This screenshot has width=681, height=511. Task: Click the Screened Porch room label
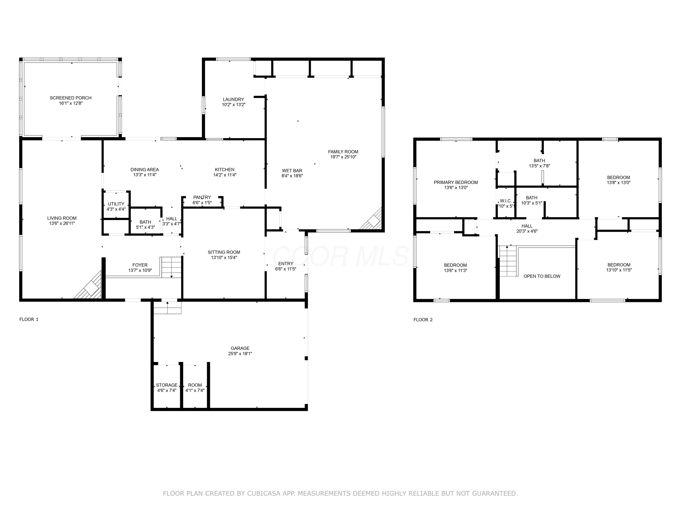point(71,98)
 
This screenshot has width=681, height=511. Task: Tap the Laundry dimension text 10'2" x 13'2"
point(234,105)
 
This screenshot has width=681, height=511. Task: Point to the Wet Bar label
point(292,171)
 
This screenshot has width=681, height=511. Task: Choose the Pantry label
point(202,197)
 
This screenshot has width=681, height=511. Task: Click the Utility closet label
point(116,204)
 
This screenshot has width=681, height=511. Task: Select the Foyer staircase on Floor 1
point(171,267)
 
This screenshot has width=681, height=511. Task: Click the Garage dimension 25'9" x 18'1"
point(240,354)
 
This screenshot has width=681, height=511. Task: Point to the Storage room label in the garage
point(167,385)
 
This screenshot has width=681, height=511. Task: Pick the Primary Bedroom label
point(456,182)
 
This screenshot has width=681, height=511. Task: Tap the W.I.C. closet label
point(506,201)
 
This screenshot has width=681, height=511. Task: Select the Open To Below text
point(542,276)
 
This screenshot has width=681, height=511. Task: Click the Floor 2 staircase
point(508,261)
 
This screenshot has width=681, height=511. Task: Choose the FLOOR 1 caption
point(29,319)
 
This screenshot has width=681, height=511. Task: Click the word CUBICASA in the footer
point(264,494)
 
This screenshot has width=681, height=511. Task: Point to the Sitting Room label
point(224,252)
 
